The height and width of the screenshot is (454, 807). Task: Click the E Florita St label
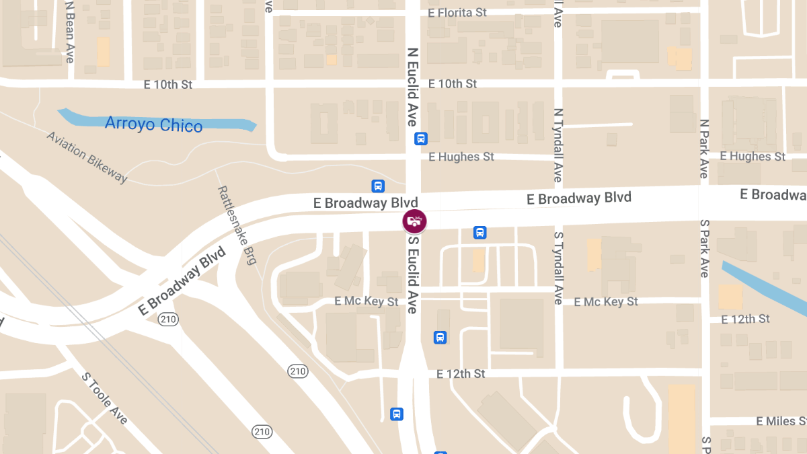coord(457,12)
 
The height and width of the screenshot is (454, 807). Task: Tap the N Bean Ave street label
coord(69,32)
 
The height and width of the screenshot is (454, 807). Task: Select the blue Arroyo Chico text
coord(153,124)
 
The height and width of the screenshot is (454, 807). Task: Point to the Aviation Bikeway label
coord(87,157)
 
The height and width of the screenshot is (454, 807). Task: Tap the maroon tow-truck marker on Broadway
coord(414,221)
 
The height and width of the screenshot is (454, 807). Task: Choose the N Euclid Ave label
coord(413,86)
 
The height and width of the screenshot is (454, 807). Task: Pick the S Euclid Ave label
coord(413,274)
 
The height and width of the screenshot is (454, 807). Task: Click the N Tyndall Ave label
coord(558,145)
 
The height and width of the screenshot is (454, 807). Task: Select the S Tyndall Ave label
coord(558,268)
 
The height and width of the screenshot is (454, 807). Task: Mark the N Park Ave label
coord(704,149)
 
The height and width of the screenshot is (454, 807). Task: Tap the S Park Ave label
coord(704,248)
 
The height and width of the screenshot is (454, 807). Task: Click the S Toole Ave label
coord(104,398)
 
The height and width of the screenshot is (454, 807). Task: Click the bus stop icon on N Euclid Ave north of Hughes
coord(420,139)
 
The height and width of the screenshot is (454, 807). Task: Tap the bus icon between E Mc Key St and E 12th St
coord(440,337)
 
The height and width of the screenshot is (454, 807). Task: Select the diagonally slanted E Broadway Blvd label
coord(182,281)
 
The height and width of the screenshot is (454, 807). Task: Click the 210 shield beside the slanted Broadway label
coord(168,319)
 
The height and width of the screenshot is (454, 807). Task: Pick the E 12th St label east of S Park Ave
coord(744,319)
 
